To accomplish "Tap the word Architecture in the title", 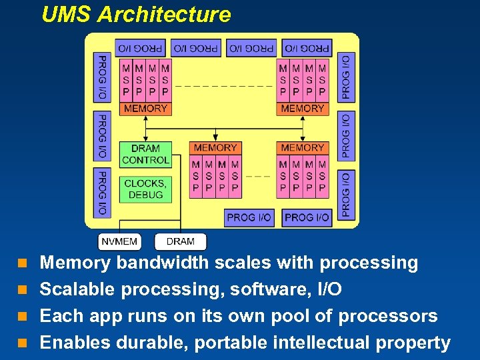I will point(164,15).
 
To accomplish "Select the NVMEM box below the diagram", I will point(119,241).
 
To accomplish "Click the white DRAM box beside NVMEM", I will point(180,241).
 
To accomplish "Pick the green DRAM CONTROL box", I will point(145,154).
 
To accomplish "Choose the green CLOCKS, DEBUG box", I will point(145,189).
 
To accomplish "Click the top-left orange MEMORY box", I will point(145,108).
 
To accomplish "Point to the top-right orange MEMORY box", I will point(302,108).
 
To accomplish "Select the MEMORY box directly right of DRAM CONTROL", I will point(215,147).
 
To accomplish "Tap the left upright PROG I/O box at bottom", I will point(249,217).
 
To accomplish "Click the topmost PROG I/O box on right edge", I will point(346,77).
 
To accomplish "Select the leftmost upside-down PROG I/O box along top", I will point(140,48).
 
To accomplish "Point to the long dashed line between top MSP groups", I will point(225,86).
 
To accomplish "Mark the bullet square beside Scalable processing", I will point(22,290).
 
